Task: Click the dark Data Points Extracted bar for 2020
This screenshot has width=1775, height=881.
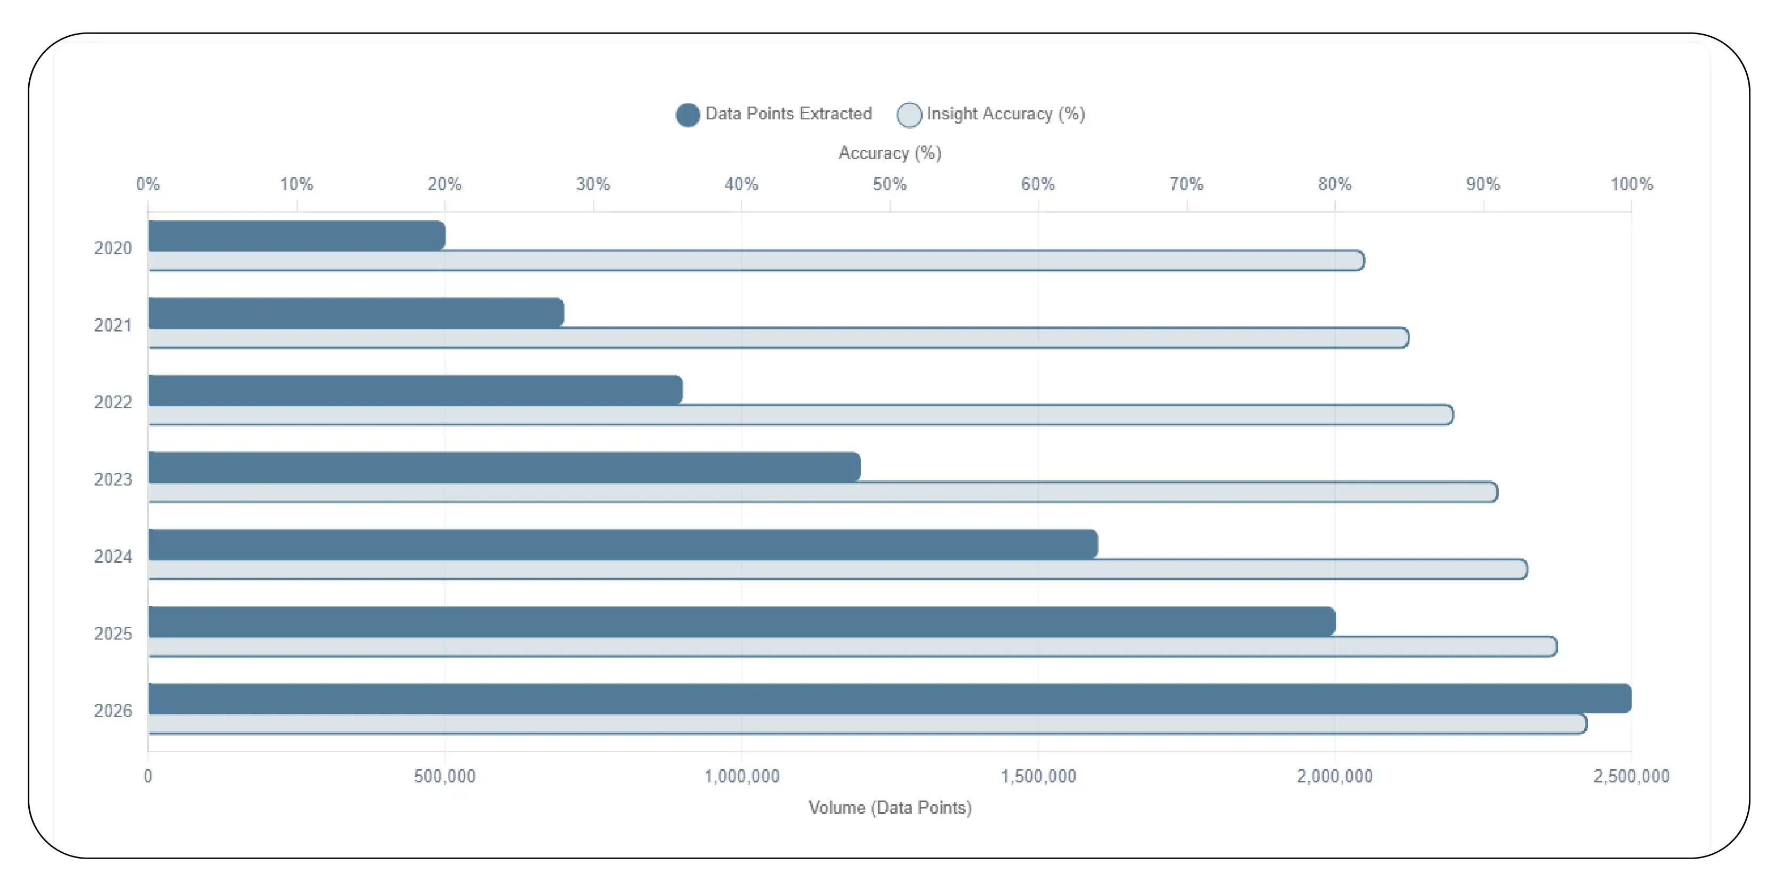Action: (x=296, y=236)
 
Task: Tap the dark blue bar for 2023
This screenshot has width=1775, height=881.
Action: (x=504, y=467)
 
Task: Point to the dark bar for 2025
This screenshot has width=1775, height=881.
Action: (x=741, y=621)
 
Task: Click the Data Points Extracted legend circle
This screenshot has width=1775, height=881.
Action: (x=687, y=115)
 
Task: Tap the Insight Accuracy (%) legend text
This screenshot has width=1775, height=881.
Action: (x=1005, y=114)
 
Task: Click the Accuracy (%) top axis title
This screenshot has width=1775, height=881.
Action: (x=889, y=153)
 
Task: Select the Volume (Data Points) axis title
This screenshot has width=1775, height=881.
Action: (x=889, y=807)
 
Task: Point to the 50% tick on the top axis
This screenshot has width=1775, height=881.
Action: (x=889, y=184)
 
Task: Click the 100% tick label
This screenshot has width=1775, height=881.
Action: (x=1631, y=184)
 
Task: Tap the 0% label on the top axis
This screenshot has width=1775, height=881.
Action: (x=148, y=184)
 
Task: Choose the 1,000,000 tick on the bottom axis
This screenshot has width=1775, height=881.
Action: (x=741, y=777)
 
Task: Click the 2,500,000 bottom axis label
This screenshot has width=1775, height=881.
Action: (x=1631, y=777)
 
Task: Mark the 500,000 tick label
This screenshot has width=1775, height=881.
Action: (x=445, y=777)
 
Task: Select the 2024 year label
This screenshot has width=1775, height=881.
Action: (x=112, y=556)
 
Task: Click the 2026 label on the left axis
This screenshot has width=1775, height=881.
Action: (x=112, y=711)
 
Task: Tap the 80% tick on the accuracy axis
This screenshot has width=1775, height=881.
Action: (x=1334, y=184)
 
